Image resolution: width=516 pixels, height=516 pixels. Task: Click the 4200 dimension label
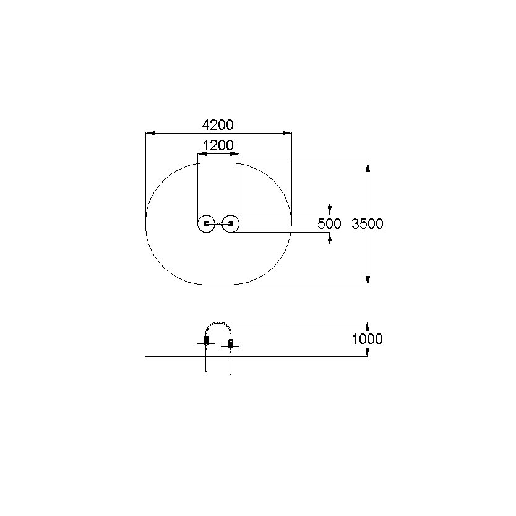pos(218,125)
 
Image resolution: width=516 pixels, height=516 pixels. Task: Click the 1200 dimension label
pos(218,145)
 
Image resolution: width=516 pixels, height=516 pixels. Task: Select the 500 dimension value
pos(329,224)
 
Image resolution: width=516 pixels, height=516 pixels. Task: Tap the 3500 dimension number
pos(368,224)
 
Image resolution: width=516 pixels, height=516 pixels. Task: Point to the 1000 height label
pos(368,339)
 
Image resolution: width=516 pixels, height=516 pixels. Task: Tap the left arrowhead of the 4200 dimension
pos(150,133)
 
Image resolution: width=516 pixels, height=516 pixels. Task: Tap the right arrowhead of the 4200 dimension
pos(287,133)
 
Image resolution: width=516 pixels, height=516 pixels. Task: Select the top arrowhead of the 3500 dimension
pos(368,168)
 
